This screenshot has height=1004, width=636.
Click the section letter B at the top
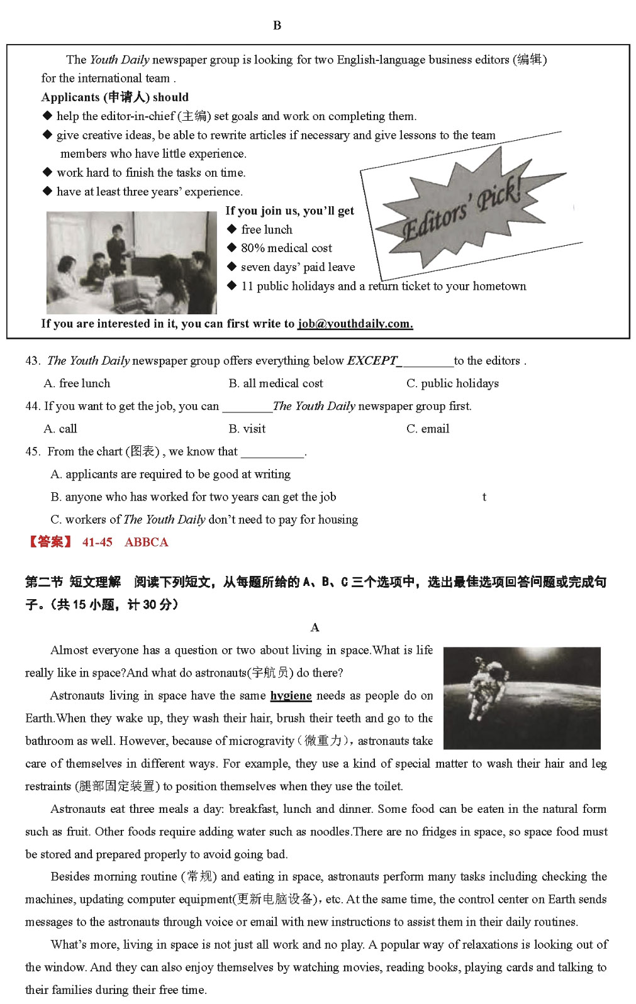pyautogui.click(x=277, y=25)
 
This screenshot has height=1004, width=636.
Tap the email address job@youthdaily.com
pyautogui.click(x=355, y=324)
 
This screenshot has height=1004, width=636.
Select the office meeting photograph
pyautogui.click(x=131, y=262)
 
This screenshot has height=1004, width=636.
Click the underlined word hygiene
pyautogui.click(x=291, y=695)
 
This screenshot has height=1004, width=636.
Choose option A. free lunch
pyautogui.click(x=77, y=383)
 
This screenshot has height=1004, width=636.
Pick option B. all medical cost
pyautogui.click(x=276, y=383)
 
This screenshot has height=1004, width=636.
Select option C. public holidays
pyautogui.click(x=452, y=383)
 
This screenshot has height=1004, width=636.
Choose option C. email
pyautogui.click(x=428, y=429)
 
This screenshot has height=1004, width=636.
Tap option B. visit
pyautogui.click(x=247, y=429)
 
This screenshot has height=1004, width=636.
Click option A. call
pyautogui.click(x=60, y=429)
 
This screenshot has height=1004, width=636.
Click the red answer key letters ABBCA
pyautogui.click(x=146, y=542)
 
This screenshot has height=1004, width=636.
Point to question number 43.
pyautogui.click(x=33, y=361)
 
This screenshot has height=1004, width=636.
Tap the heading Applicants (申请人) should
pyautogui.click(x=114, y=97)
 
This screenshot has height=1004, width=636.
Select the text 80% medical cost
pyautogui.click(x=286, y=248)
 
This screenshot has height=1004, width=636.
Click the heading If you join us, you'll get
pyautogui.click(x=289, y=211)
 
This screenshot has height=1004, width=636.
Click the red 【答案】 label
pyautogui.click(x=49, y=542)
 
